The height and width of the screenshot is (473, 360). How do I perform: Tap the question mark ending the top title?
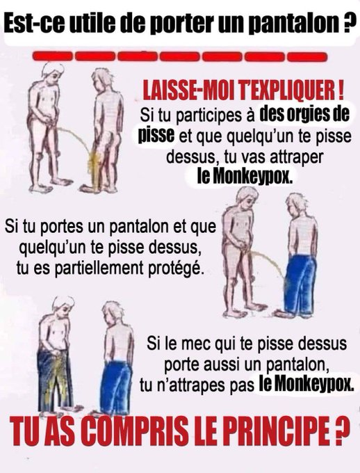tap(349, 23)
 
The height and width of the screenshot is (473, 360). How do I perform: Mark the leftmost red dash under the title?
tap(52, 56)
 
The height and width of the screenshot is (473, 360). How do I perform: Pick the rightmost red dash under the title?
tap(307, 56)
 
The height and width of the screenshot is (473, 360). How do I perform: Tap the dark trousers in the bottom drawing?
tap(55, 381)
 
